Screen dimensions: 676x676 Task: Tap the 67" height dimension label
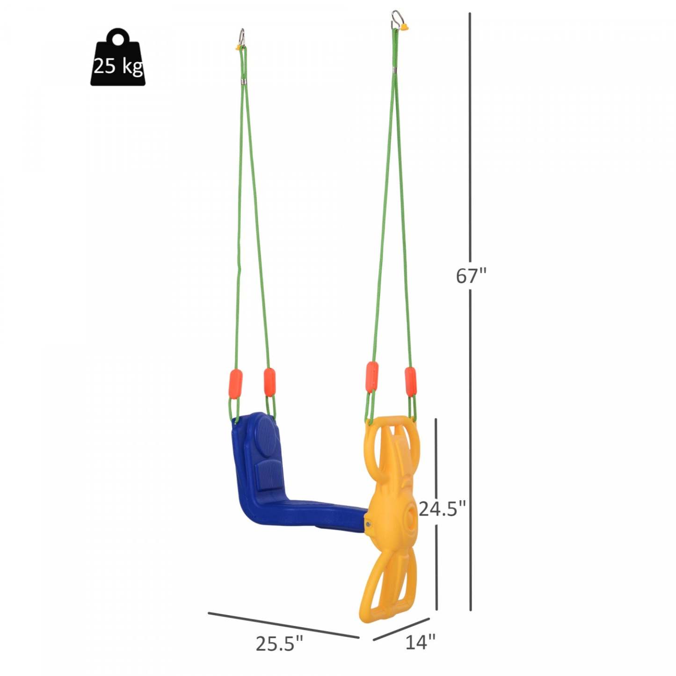pyautogui.click(x=471, y=276)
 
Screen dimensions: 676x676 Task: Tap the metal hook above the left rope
pyautogui.click(x=242, y=36)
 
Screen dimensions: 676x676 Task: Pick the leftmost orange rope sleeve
pyautogui.click(x=236, y=383)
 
